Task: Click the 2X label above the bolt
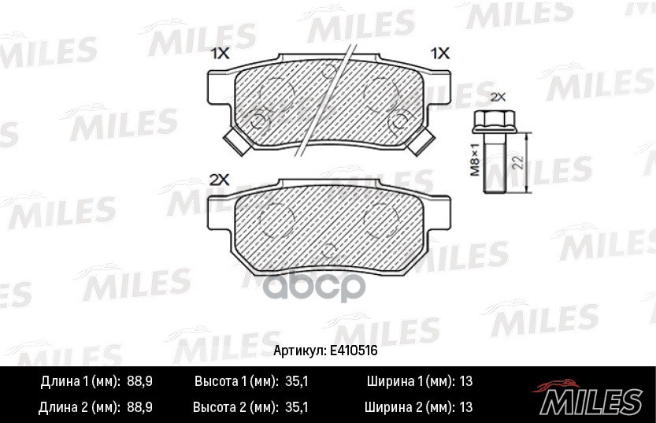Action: (497, 98)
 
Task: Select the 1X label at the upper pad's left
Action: (219, 54)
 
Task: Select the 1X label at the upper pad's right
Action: (439, 54)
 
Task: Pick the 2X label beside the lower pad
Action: (219, 180)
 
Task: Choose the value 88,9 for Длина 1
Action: (139, 381)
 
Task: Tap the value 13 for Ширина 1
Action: (465, 381)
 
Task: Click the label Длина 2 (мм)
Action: (79, 407)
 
